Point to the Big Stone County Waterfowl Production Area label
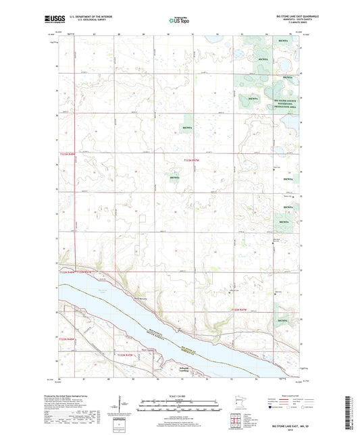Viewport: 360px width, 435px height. click(285, 103)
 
